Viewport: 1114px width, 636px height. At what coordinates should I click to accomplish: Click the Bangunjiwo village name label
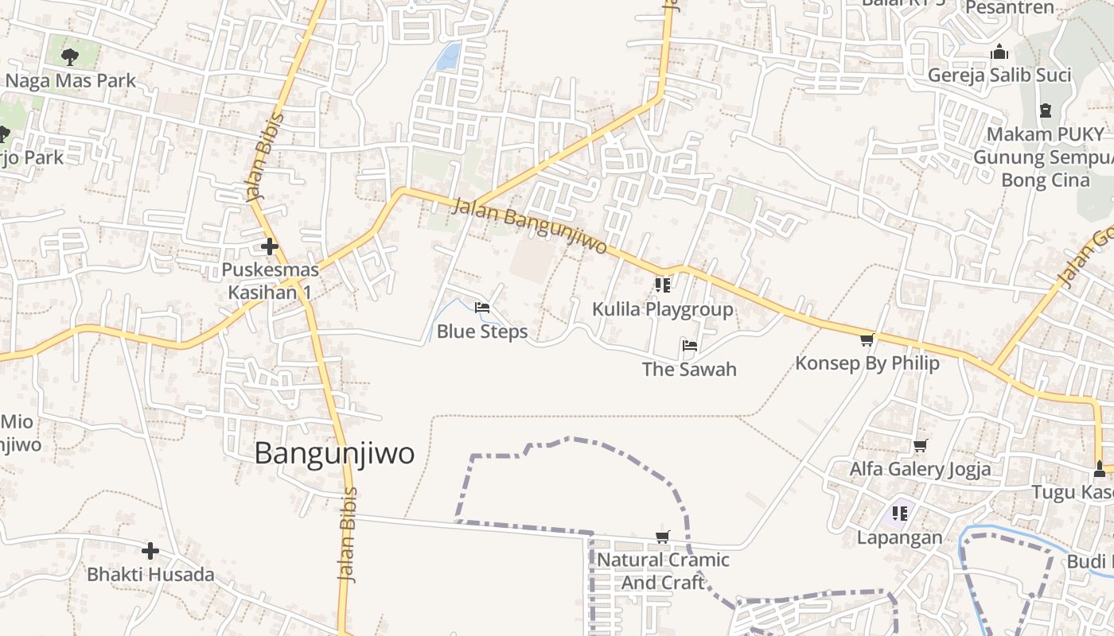point(334,453)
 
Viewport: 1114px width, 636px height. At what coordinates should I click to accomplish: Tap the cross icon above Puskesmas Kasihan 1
point(270,246)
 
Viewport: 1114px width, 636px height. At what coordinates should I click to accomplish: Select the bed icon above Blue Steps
point(481,308)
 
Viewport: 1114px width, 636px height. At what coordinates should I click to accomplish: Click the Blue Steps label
point(482,332)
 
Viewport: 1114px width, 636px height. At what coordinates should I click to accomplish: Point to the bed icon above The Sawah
point(689,346)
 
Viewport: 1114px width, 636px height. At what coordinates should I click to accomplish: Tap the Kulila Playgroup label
point(663,309)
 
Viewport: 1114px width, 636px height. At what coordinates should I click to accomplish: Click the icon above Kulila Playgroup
point(662,285)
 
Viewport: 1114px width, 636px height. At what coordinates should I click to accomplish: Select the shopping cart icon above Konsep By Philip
point(867,340)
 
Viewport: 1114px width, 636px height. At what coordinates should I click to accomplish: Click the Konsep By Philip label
point(867,363)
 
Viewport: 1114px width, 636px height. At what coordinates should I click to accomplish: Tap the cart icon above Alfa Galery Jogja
point(920,445)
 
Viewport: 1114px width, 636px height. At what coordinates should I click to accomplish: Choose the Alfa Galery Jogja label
point(920,469)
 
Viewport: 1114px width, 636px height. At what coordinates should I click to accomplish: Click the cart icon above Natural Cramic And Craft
point(662,537)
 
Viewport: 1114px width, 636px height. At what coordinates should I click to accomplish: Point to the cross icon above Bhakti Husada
point(150,550)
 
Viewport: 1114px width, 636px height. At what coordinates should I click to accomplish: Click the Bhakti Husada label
point(150,574)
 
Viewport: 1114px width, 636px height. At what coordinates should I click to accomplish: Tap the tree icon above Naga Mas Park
point(70,56)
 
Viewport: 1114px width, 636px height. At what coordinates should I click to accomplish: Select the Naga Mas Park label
point(70,81)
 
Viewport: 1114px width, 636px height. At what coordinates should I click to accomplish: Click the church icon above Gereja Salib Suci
point(999,52)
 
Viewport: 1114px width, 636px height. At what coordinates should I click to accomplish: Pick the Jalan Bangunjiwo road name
point(530,227)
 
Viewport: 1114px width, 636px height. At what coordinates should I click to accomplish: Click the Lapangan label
point(899,537)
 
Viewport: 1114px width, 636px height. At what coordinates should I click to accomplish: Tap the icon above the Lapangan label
point(899,514)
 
